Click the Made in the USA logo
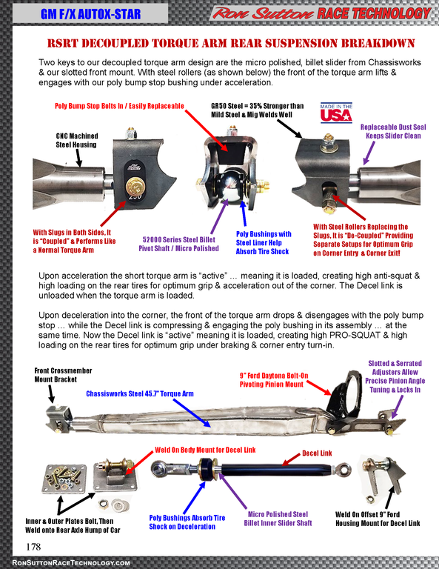point(336,113)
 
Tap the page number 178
point(33,547)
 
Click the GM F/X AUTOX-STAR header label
point(90,14)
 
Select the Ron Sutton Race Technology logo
point(321,13)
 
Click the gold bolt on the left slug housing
point(135,187)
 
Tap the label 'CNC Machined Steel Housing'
point(76,140)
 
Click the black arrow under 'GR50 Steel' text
point(289,128)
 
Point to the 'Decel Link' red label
point(317,453)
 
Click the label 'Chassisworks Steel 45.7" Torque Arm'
point(140,393)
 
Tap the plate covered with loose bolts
point(64,479)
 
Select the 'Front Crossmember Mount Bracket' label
point(63,375)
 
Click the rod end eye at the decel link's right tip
point(344,469)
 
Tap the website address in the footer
point(71,563)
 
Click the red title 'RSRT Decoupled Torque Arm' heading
point(231,43)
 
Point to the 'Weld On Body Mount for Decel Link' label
point(205,450)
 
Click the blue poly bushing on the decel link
point(207,469)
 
